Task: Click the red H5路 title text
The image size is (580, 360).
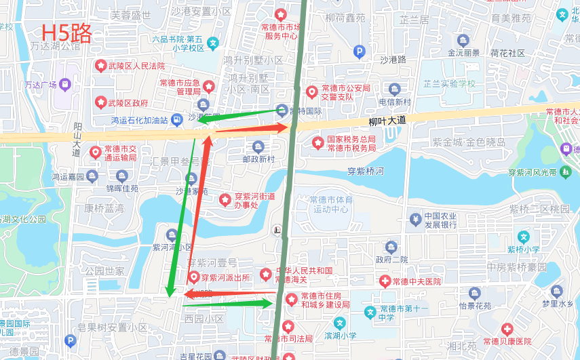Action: [x=66, y=33]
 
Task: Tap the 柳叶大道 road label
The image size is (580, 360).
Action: [x=387, y=121]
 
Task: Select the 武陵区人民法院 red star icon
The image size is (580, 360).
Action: [x=101, y=66]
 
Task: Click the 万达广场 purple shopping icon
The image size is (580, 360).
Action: [x=65, y=85]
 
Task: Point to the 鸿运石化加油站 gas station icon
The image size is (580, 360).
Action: [x=176, y=120]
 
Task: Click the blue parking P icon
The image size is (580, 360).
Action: [x=360, y=50]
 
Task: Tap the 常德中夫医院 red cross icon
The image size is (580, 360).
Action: [x=385, y=281]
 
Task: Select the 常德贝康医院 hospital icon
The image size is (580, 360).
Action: [x=507, y=329]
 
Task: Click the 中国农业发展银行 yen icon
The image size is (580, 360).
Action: [x=415, y=218]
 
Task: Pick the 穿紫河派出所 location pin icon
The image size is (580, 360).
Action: [x=194, y=277]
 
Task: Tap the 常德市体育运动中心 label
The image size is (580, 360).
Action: [x=330, y=205]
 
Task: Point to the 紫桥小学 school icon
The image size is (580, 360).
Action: [x=523, y=237]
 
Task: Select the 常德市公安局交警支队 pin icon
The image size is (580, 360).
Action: [x=311, y=92]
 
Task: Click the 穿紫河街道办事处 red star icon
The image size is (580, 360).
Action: [x=225, y=200]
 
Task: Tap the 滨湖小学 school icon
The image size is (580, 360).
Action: [x=339, y=323]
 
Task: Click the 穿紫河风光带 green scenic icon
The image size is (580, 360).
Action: [x=565, y=172]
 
